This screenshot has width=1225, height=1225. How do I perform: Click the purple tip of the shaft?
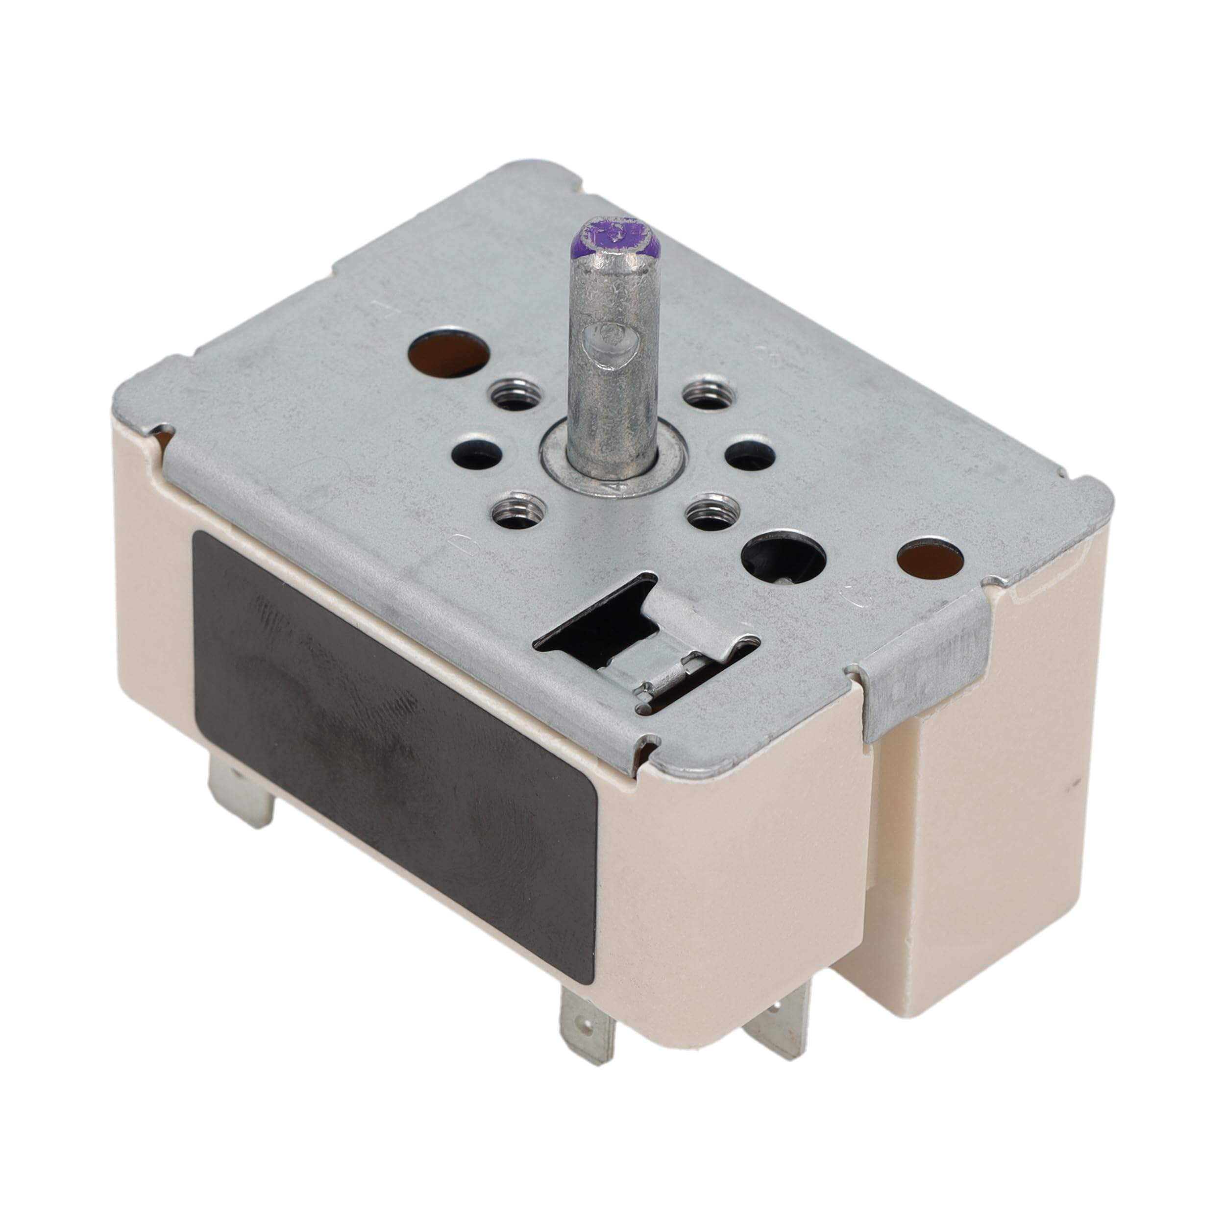(x=612, y=236)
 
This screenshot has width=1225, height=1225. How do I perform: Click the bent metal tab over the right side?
(x=923, y=679)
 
